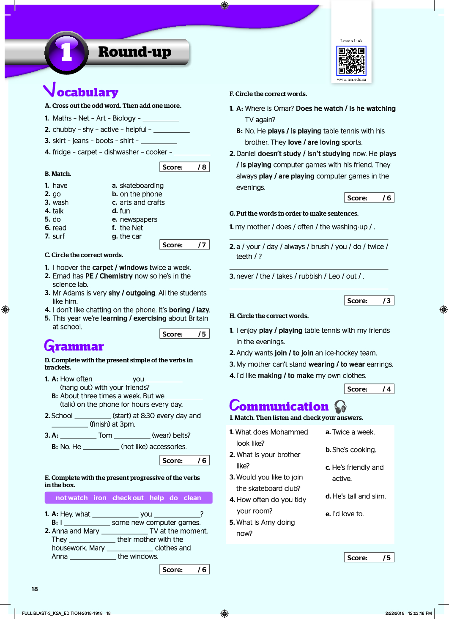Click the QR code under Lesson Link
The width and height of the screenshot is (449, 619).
coord(351,61)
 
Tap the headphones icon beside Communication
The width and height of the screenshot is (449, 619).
coord(340,406)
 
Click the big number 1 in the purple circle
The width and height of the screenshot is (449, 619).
coord(67,52)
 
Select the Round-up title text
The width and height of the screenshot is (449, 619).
coord(134,52)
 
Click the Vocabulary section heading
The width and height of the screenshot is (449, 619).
coord(81,91)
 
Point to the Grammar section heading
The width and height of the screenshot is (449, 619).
coord(74,346)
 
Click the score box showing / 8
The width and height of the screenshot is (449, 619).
coord(184,167)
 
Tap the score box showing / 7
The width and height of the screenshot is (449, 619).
coord(184,245)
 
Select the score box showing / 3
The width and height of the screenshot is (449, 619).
coord(369,301)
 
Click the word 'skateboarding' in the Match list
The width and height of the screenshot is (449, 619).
coord(142,186)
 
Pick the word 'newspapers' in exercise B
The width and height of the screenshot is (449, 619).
coord(138,219)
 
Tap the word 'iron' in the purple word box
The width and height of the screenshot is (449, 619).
coord(100,498)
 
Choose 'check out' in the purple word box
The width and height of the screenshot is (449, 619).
coord(128,498)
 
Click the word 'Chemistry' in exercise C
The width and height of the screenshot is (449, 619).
coord(116,276)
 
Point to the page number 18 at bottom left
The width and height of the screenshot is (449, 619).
coord(35,589)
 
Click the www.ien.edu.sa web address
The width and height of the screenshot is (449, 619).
coord(351,79)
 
